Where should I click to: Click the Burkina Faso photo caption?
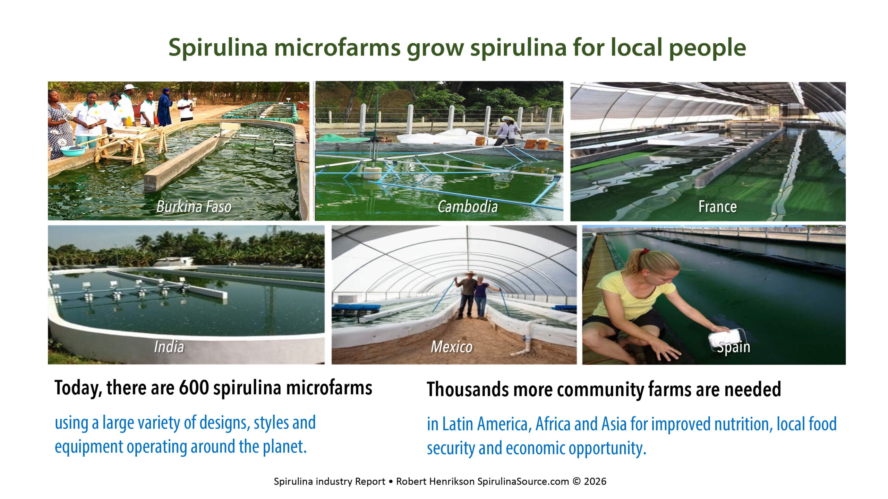[194, 207]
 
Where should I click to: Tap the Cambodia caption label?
[468, 207]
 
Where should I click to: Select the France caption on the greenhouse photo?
[717, 207]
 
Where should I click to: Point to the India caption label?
[169, 347]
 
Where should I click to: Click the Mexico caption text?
[452, 347]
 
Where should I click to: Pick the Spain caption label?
[733, 347]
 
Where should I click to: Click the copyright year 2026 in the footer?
[595, 481]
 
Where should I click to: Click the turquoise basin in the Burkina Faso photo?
[73, 151]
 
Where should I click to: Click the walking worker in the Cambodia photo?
[508, 130]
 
